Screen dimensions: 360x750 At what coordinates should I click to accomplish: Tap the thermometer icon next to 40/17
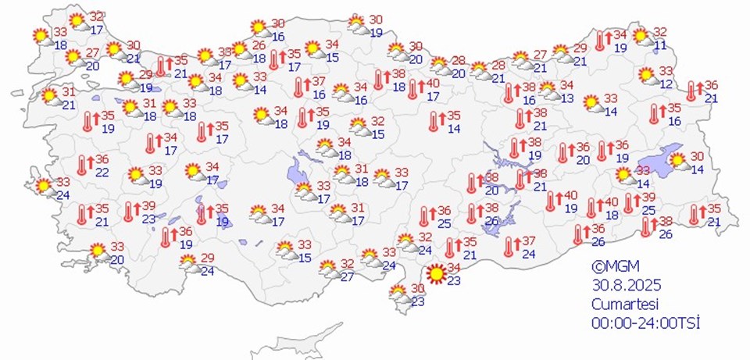tap(413, 90)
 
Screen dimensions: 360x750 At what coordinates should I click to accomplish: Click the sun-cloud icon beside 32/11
tap(641, 37)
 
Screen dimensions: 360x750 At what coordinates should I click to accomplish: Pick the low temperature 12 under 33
tap(666, 84)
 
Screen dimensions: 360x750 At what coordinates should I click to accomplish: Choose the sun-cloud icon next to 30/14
tap(678, 162)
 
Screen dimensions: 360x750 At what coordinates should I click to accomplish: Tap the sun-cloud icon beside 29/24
tap(189, 264)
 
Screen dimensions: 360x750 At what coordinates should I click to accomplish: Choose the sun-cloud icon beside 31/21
tap(50, 97)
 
